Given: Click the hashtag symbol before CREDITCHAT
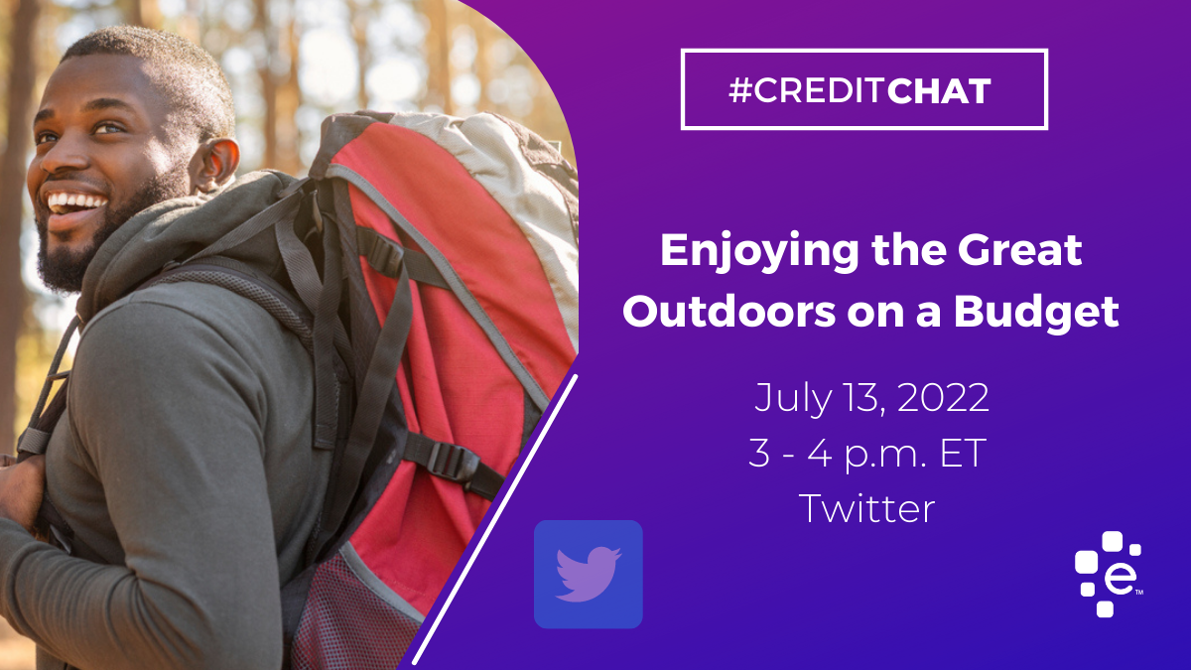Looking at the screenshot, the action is pyautogui.click(x=739, y=90).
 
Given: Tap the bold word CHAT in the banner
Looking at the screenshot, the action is pyautogui.click(x=939, y=91).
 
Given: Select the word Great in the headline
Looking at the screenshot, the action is pyautogui.click(x=1020, y=250).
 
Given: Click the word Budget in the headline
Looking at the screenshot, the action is pyautogui.click(x=1036, y=315).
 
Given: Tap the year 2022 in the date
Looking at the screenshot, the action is pyautogui.click(x=943, y=397).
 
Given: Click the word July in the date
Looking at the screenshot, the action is pyautogui.click(x=792, y=399).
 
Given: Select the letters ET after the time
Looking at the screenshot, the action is pyautogui.click(x=963, y=453).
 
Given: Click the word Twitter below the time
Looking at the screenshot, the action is pyautogui.click(x=866, y=508).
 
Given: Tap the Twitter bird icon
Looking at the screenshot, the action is pyautogui.click(x=588, y=575).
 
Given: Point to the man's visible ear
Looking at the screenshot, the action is pyautogui.click(x=214, y=164).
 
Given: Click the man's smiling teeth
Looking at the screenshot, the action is pyautogui.click(x=76, y=201).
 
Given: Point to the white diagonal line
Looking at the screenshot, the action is pyautogui.click(x=495, y=519).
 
